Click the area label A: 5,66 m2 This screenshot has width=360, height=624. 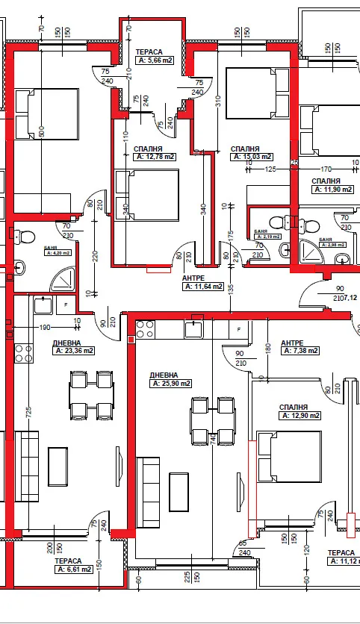point(155,61)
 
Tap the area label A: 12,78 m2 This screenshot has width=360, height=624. point(155,157)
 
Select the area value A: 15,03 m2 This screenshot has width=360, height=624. point(253,157)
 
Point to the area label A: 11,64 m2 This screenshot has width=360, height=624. point(203,286)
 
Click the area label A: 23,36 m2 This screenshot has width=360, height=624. point(73,350)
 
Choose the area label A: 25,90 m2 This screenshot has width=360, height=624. point(170,383)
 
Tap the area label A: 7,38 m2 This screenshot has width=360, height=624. point(299,351)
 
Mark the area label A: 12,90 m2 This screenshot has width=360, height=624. point(300,415)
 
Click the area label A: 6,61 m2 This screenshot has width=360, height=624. point(73,569)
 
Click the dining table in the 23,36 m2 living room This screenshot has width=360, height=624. point(92,396)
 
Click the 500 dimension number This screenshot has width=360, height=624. point(42,132)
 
